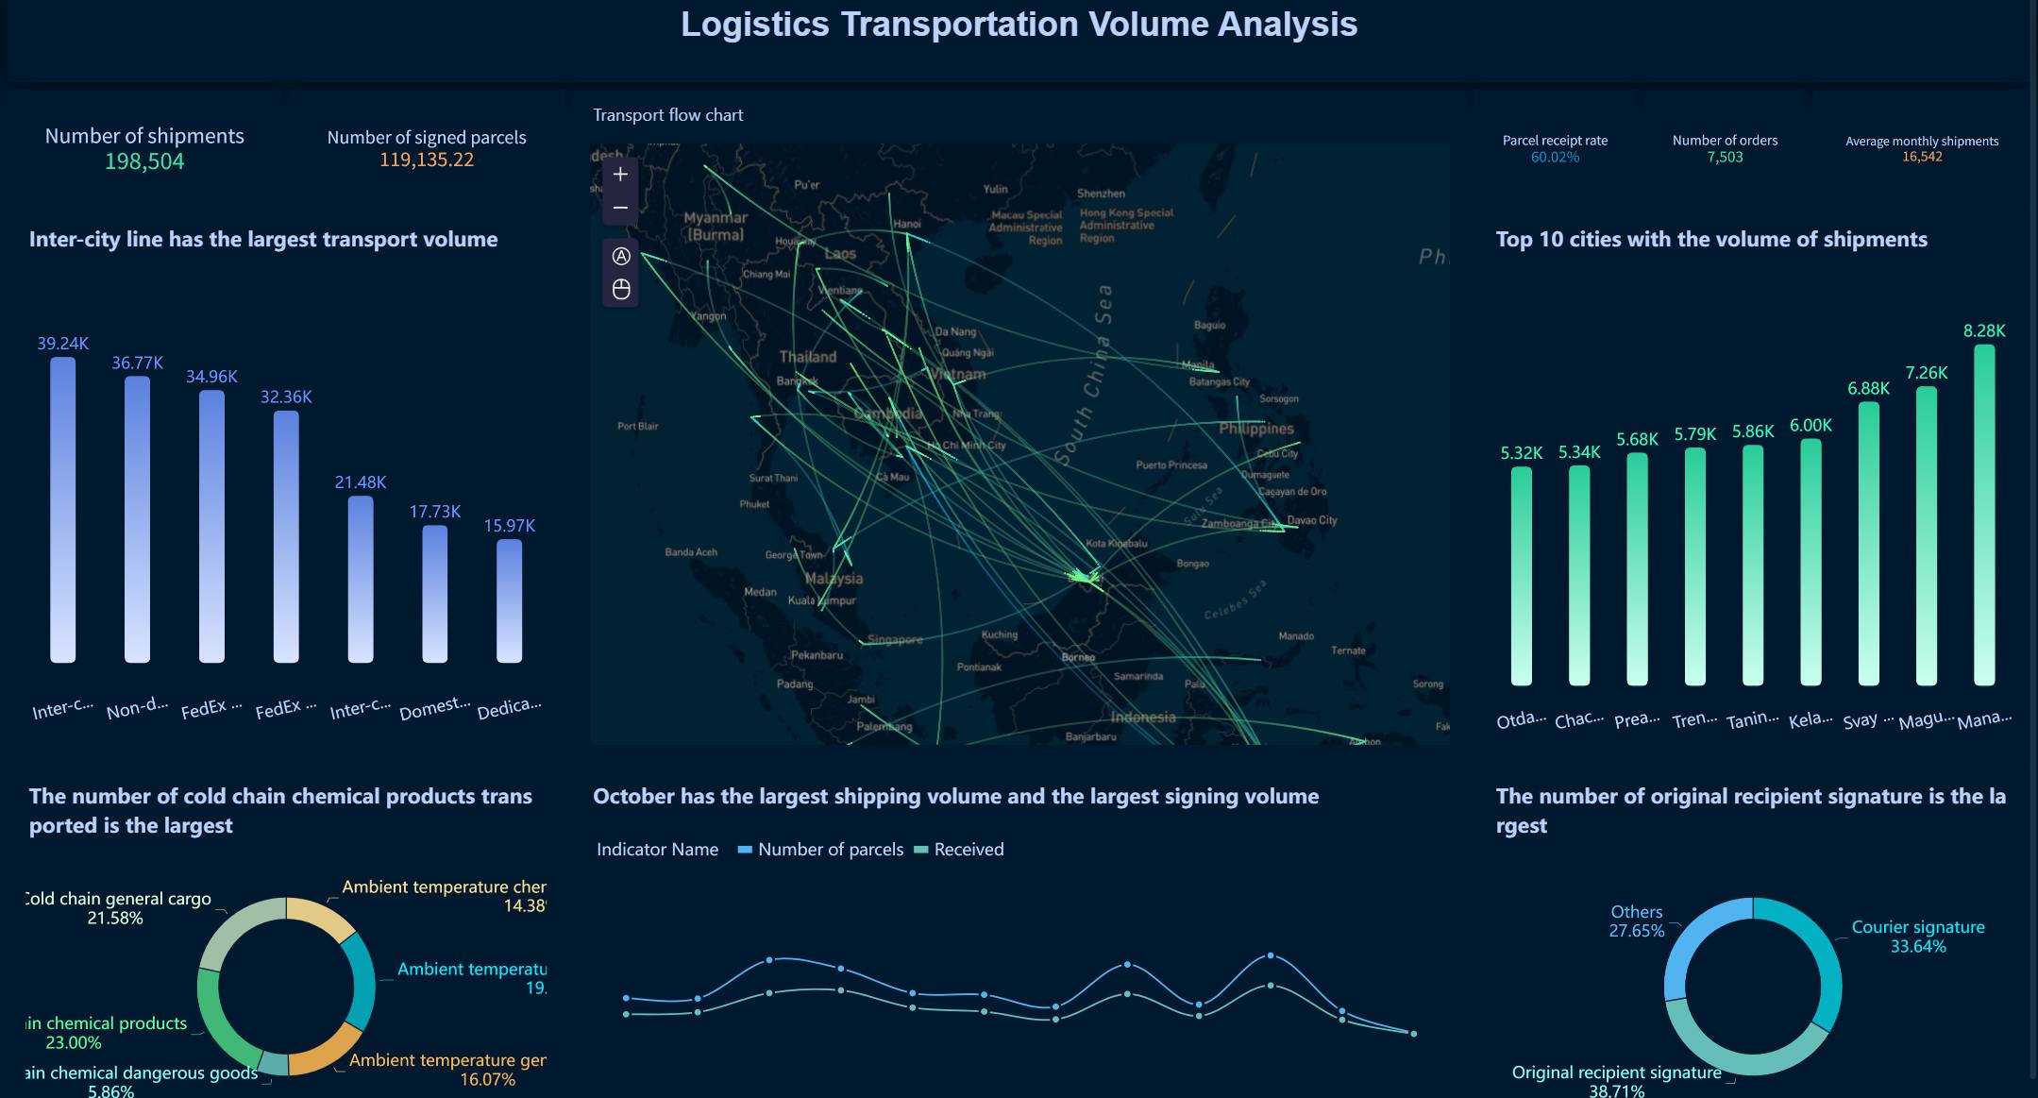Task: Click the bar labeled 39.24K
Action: click(62, 510)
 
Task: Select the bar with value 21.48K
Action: click(361, 579)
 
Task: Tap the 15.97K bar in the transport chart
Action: click(509, 600)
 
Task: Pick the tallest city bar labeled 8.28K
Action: click(1984, 515)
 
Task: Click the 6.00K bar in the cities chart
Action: click(1811, 562)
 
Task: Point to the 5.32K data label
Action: click(1521, 453)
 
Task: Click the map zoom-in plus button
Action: click(620, 175)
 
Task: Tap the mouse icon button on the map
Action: click(620, 289)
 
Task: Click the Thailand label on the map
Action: click(807, 357)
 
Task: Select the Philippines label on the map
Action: click(1255, 429)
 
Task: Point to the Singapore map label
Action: click(894, 639)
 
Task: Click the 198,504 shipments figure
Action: click(144, 161)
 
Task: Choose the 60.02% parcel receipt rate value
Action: click(1555, 158)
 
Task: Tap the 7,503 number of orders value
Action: click(1725, 158)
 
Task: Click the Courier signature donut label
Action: click(1917, 927)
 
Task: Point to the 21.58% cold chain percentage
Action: click(115, 918)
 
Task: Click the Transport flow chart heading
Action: click(667, 115)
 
